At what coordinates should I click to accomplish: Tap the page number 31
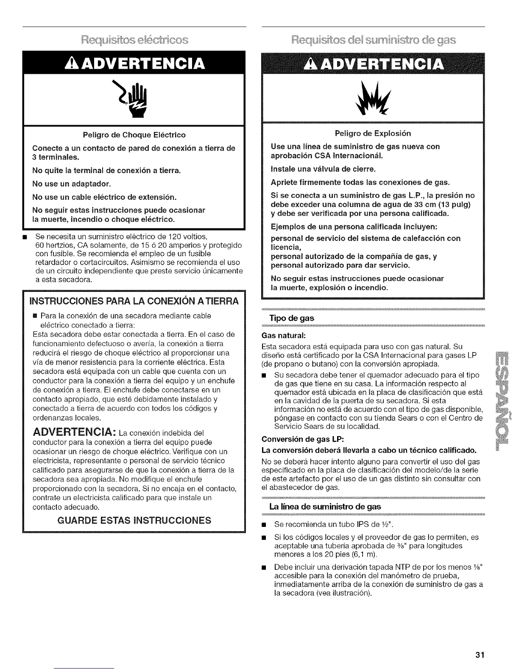(480, 654)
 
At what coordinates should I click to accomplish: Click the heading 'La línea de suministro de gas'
(325, 507)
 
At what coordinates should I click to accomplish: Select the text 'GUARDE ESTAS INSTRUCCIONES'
(134, 520)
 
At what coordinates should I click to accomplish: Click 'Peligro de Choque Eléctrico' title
(134, 135)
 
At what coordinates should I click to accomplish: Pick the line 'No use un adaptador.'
(72, 184)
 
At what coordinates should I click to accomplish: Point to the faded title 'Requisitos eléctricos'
(134, 40)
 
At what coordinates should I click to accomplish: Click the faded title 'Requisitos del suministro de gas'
(373, 40)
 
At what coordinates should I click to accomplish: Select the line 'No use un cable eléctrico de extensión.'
(104, 197)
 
